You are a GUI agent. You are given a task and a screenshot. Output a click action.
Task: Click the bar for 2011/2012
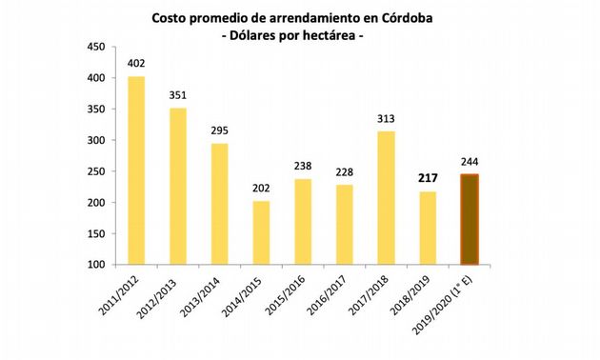136,170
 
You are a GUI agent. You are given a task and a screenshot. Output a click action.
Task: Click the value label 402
136,64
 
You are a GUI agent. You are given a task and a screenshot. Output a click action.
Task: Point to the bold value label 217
427,178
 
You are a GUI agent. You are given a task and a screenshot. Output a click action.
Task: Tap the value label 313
386,119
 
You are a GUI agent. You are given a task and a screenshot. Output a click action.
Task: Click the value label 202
261,189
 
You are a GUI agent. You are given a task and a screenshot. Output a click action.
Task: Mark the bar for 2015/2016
303,222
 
